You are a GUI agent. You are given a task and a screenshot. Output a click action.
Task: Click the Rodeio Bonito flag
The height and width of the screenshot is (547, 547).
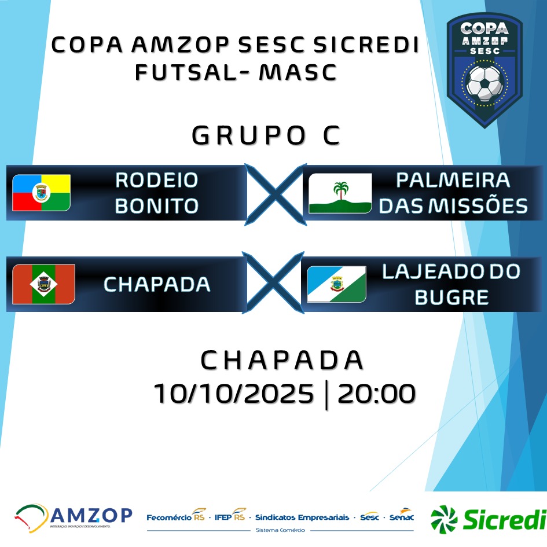pyautogui.click(x=41, y=193)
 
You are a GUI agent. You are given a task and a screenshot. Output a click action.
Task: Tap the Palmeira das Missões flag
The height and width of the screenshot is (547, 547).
pyautogui.click(x=340, y=193)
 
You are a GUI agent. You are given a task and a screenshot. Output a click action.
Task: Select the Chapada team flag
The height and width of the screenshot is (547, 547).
pyautogui.click(x=43, y=284)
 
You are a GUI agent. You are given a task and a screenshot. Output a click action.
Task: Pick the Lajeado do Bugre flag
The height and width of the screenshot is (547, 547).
pyautogui.click(x=336, y=284)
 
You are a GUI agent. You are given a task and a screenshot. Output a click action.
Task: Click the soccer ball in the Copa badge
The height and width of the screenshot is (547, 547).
pyautogui.click(x=484, y=82)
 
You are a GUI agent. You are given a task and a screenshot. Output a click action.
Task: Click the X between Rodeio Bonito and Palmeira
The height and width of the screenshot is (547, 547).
pyautogui.click(x=276, y=194)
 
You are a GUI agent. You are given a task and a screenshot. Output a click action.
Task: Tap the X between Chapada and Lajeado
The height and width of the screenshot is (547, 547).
pyautogui.click(x=273, y=282)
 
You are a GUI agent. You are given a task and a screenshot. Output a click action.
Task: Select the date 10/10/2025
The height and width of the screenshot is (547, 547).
pyautogui.click(x=234, y=394)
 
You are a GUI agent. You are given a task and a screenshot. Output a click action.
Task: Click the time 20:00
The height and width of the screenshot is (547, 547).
pyautogui.click(x=376, y=394)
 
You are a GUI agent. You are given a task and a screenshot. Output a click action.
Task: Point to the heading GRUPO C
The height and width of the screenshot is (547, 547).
pyautogui.click(x=266, y=135)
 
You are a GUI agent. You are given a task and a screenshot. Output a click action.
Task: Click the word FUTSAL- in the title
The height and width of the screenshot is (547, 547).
pyautogui.click(x=192, y=72)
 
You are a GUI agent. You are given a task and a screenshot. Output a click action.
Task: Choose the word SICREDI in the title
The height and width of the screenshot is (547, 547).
pyautogui.click(x=366, y=45)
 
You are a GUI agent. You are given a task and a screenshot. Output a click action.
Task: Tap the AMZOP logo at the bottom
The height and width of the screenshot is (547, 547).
pyautogui.click(x=74, y=517)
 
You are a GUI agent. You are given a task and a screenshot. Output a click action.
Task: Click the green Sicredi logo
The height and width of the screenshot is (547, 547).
pyautogui.click(x=489, y=519)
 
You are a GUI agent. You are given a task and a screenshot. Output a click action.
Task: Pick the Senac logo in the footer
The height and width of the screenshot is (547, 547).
pyautogui.click(x=402, y=516)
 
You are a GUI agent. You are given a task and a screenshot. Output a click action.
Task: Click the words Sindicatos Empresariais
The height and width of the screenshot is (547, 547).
pyautogui.click(x=302, y=517)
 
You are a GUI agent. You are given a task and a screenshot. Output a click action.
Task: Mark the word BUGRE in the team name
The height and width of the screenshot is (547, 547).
pyautogui.click(x=451, y=297)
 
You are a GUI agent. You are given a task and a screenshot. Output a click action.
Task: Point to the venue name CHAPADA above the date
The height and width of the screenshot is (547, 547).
pyautogui.click(x=282, y=360)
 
